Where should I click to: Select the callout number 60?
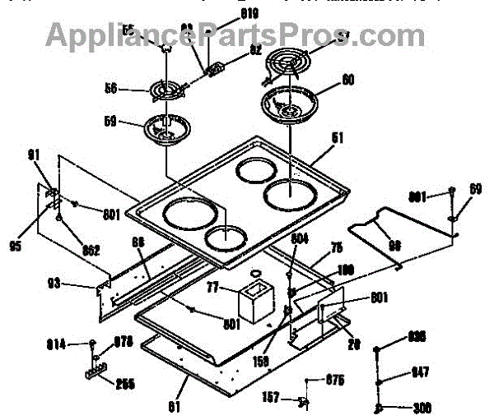click(348, 81)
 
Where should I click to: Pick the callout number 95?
click(16, 244)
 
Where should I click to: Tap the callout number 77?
click(212, 288)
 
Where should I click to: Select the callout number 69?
click(475, 190)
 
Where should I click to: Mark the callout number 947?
click(420, 373)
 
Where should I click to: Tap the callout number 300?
click(423, 407)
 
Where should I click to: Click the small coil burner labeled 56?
click(169, 90)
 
